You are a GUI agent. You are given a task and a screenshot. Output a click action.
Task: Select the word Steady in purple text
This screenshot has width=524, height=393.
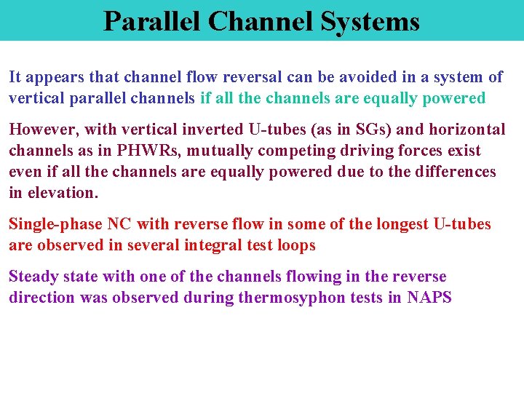[x=31, y=277]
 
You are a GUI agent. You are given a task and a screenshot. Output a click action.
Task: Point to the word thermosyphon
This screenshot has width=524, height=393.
[x=286, y=298]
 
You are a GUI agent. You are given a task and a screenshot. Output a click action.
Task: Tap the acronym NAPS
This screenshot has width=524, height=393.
[x=429, y=298]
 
